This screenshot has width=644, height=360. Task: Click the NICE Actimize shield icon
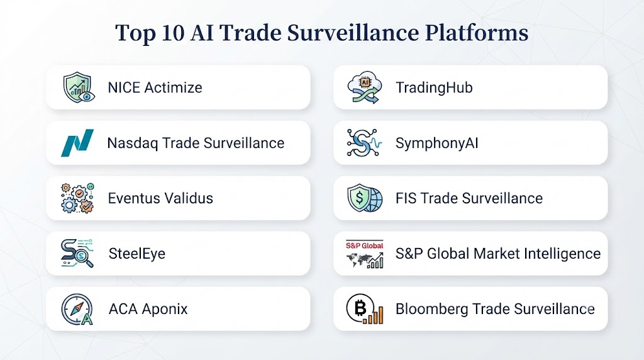pos(79,87)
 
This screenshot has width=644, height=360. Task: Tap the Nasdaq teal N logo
pos(77,143)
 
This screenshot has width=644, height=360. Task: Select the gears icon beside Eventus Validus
pos(77,198)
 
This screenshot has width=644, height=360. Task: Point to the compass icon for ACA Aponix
pos(77,309)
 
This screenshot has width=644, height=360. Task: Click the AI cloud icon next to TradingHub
pos(364,87)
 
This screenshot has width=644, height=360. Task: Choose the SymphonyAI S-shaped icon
pos(364,143)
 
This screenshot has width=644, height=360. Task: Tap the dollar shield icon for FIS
pos(364,198)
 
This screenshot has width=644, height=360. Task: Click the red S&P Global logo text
pos(364,245)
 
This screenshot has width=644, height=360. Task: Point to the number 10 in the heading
pos(172,33)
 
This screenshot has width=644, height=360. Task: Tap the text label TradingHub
pos(434,88)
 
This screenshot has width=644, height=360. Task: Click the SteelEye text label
pos(136,254)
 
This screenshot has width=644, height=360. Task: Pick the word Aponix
pos(165,309)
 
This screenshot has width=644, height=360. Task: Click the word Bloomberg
pos(431,309)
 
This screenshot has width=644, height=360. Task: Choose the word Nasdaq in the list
pos(133,143)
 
